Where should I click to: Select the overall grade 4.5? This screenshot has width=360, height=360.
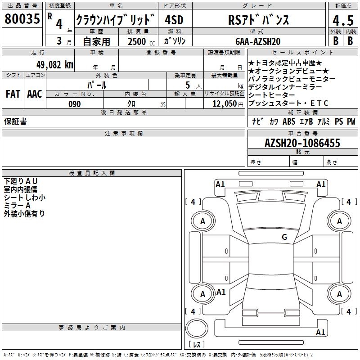click(343, 21)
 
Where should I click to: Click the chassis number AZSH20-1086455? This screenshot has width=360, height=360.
click(302, 143)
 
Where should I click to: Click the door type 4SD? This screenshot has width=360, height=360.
click(174, 20)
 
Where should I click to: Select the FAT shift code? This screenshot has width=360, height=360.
click(13, 94)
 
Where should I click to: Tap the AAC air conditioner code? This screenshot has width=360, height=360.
click(34, 94)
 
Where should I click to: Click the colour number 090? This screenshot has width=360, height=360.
click(75, 104)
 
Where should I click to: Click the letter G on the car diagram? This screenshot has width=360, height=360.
click(284, 237)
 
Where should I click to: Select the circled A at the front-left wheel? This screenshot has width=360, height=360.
click(202, 221)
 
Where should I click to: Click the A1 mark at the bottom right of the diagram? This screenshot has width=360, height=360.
click(320, 333)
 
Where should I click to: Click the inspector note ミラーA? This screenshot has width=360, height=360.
click(17, 206)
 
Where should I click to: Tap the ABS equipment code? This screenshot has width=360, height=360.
click(288, 121)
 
